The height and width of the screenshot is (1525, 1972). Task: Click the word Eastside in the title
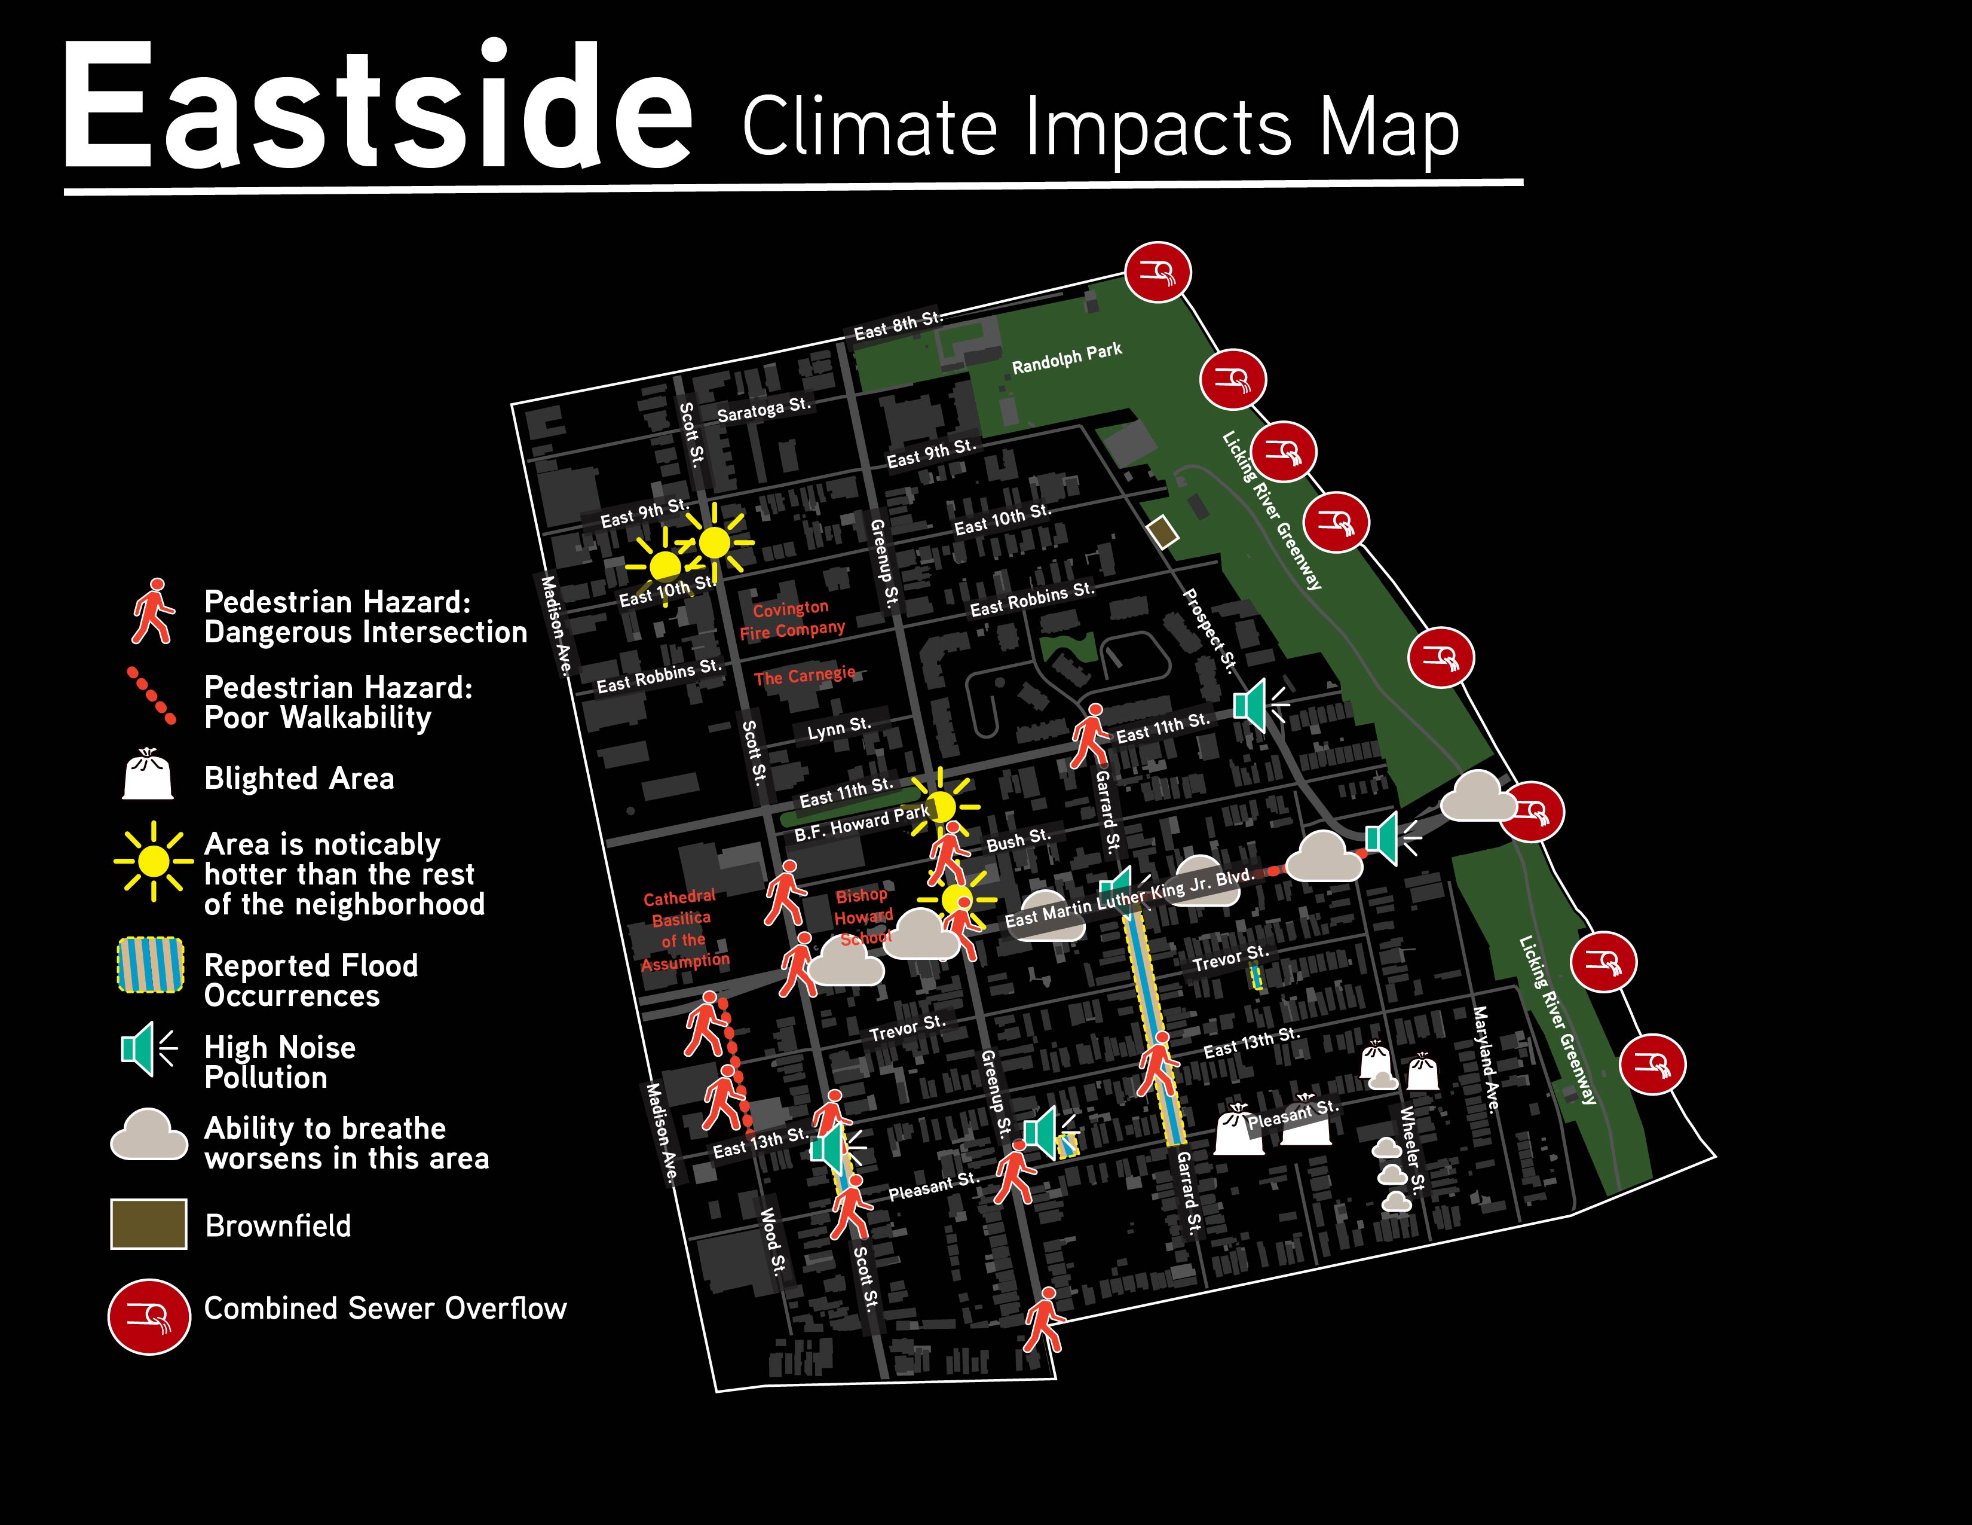coord(378,106)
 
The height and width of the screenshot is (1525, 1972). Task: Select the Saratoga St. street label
coord(764,409)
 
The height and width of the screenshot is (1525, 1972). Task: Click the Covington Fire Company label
coord(791,620)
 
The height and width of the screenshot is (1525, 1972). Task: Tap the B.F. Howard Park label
coord(861,823)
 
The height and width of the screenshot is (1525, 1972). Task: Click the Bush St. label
coord(1018,840)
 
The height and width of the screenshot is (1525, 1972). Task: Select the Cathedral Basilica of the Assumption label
coord(684,929)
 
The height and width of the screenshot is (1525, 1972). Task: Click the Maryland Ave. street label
coord(1486,1059)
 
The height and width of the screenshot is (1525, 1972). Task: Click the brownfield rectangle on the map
coord(1163,532)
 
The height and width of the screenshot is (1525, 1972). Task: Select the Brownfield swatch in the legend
coord(149,1224)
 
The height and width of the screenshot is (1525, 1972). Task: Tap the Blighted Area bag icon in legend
coord(148,774)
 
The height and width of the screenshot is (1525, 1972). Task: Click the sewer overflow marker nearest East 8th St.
coord(1158,273)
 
